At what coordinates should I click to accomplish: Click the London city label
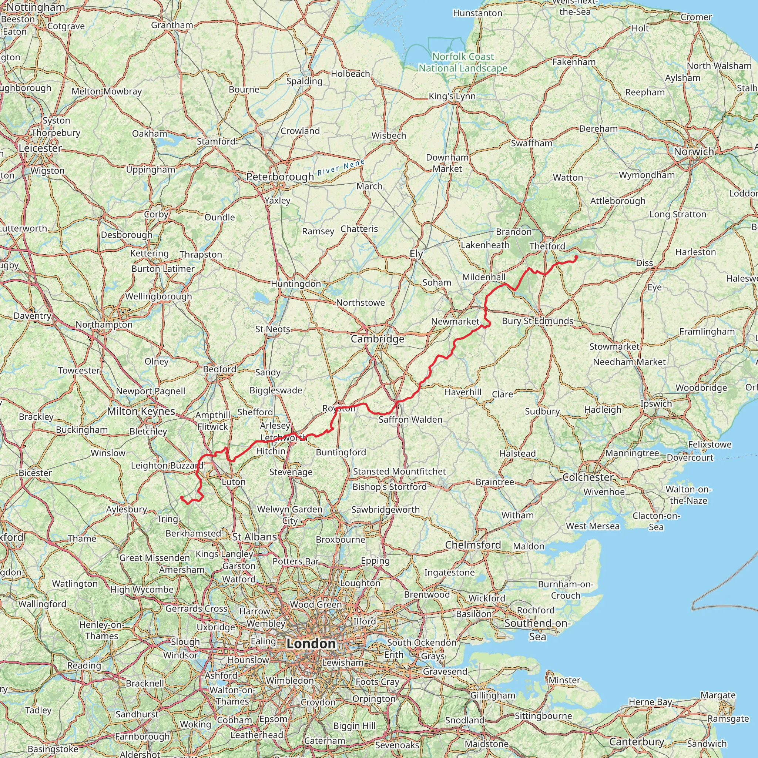pos(311,643)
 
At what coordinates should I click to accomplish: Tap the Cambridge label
pos(378,339)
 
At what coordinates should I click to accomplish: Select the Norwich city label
pos(694,152)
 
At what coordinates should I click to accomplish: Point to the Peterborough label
pos(280,177)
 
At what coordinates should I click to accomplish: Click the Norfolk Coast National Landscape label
pos(463,63)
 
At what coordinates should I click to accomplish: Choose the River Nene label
pos(341,168)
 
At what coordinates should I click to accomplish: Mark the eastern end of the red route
pos(576,257)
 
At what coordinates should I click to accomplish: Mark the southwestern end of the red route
pos(182,497)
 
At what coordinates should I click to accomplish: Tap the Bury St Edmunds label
pos(537,321)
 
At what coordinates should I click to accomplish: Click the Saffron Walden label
pos(410,419)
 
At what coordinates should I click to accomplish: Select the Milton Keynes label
pos(141,411)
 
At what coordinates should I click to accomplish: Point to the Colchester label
pos(588,477)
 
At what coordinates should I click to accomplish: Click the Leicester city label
pos(40,148)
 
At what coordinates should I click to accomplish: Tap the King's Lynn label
pos(452,96)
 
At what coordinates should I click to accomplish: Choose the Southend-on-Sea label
pos(537,630)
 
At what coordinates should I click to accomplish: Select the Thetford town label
pos(547,246)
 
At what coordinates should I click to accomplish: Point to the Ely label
pos(416,254)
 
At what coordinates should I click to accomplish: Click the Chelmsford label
pos(473,545)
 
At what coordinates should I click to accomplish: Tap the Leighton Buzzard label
pos(167,465)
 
